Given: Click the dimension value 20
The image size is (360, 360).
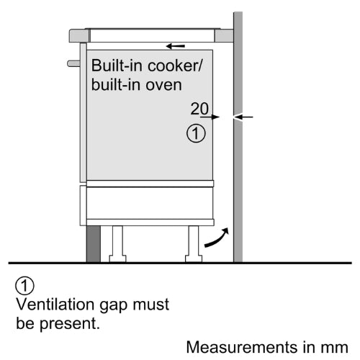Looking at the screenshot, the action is tap(199, 109).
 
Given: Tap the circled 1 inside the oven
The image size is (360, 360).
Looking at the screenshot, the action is tap(196, 133).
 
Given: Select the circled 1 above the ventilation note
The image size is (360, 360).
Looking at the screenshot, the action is tap(24, 286).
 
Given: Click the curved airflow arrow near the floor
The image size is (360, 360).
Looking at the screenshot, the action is tap(217, 239).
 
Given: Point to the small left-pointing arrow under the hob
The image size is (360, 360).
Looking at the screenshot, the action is tap(175, 46).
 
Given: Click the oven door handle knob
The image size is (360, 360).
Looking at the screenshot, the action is tap(73, 63).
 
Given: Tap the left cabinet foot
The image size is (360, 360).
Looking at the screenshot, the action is tap(117, 244).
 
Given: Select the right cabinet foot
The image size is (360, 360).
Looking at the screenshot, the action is tap(194, 244).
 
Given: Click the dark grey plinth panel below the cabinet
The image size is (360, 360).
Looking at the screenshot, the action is tap(94, 244).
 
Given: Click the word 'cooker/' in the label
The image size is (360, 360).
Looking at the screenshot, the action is tap(175, 66).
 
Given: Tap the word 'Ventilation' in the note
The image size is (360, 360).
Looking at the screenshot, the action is tap(55, 305).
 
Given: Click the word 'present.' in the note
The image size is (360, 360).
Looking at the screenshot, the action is tap(70, 324).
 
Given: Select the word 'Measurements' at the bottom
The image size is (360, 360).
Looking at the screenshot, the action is tap(242, 347).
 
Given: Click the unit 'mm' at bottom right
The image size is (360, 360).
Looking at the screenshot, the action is tap(335, 348).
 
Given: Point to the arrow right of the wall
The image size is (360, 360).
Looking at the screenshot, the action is tap(243, 117).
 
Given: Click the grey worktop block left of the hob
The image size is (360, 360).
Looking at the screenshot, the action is tap(80, 35).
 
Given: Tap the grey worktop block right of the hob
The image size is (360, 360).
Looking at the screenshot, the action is tap(224, 35).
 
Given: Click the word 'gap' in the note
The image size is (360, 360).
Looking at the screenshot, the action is tap(113, 306).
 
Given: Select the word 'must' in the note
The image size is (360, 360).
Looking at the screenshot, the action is tap(151, 305).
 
